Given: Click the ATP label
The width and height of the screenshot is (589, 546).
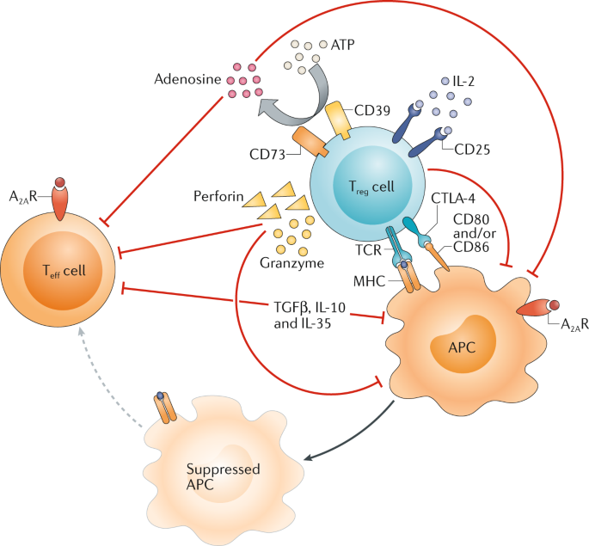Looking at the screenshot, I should click(332, 42).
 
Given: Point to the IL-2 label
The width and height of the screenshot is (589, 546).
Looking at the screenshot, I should click(466, 82).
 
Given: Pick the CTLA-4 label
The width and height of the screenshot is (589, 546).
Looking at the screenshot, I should click(452, 200).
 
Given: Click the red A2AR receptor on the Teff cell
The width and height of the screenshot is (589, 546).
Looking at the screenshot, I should click(59, 200).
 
